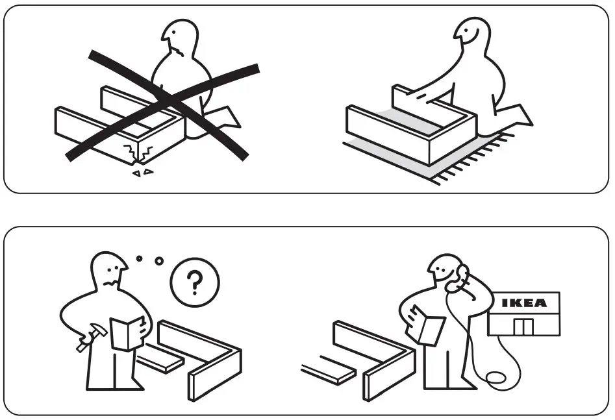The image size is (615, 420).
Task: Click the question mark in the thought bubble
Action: coord(194,283)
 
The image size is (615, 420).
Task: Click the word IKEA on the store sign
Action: coord(524,303)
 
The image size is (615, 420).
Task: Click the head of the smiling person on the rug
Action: coord(471,37)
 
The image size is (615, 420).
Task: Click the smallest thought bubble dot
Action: coord(138,258)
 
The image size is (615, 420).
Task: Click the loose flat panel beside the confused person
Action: coord(159,361)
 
